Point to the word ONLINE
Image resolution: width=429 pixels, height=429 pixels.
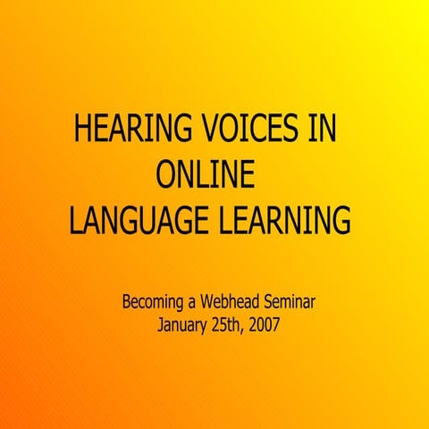point(205,174)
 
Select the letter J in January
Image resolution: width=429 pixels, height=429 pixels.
point(161,324)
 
